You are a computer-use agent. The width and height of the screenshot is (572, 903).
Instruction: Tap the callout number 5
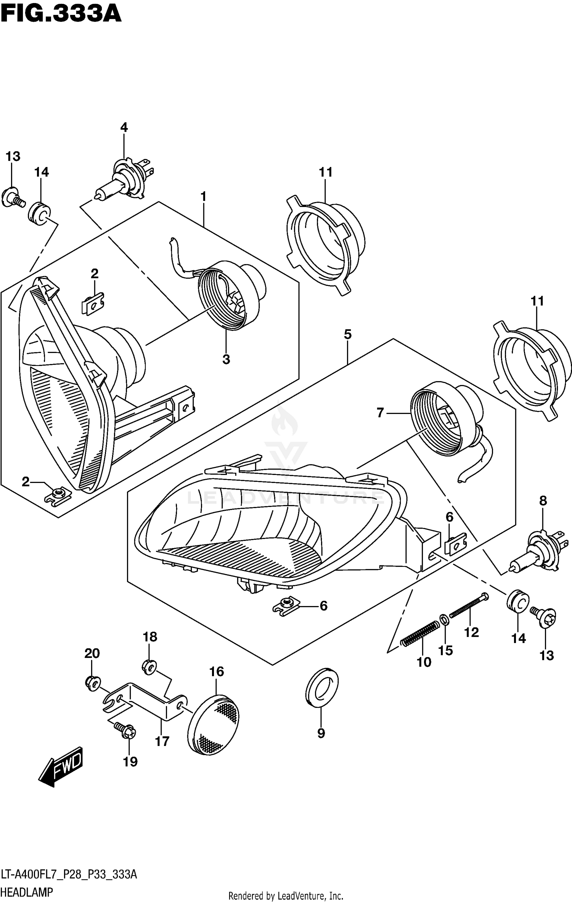[x=347, y=334]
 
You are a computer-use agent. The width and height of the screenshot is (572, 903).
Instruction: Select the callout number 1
[x=203, y=196]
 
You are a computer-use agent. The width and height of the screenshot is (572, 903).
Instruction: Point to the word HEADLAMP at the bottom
[x=27, y=892]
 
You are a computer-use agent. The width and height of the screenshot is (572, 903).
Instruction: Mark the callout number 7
[x=380, y=413]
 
